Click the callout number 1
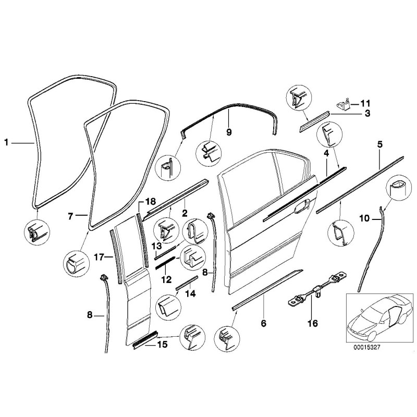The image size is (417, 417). point(7,141)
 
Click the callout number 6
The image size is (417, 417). point(263,324)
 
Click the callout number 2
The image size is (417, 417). point(185,213)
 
